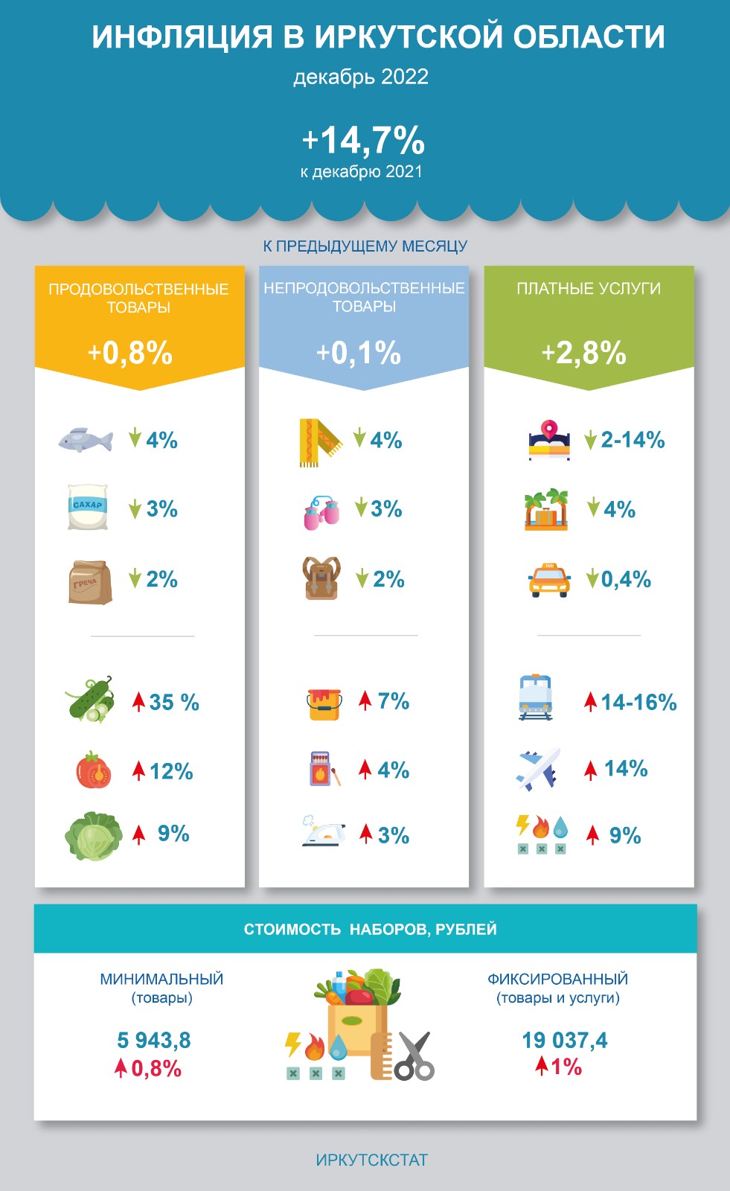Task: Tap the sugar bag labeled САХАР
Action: (x=88, y=507)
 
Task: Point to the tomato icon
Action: (x=94, y=770)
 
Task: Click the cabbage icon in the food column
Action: (x=93, y=837)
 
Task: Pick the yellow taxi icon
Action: (x=549, y=579)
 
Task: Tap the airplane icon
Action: (x=538, y=770)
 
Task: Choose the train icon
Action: (x=536, y=697)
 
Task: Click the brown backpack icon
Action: (x=321, y=578)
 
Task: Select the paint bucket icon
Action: (x=325, y=703)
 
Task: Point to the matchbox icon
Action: (x=321, y=769)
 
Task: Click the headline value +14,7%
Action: (x=363, y=140)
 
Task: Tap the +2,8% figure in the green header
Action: (x=583, y=353)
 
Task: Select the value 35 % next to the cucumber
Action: (x=174, y=702)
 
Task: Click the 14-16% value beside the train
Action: (x=638, y=702)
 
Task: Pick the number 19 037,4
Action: (x=564, y=1040)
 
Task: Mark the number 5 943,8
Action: (x=154, y=1040)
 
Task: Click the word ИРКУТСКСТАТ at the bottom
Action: (x=371, y=1160)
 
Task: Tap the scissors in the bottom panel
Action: (x=414, y=1056)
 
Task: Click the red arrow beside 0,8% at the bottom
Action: (x=121, y=1069)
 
